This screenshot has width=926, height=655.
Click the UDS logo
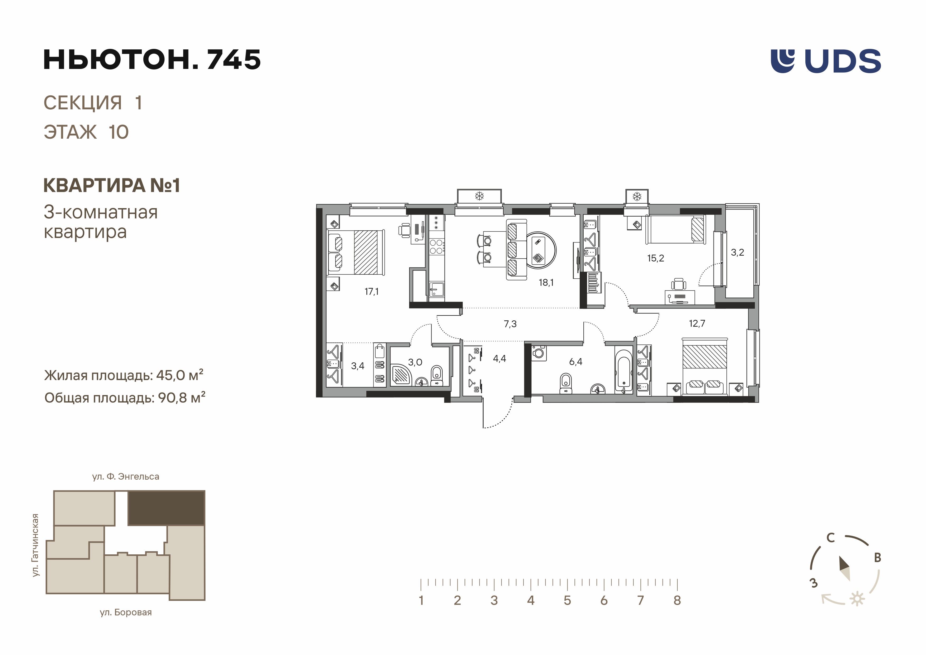[x=826, y=61]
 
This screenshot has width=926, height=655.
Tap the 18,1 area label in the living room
[x=546, y=283]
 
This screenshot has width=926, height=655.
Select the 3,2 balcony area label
[x=737, y=253]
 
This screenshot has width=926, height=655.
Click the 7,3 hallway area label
[x=510, y=324]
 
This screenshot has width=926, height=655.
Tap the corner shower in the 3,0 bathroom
[x=400, y=374]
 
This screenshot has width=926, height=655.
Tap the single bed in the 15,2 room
[x=675, y=230]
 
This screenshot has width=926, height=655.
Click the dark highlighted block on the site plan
[x=166, y=508]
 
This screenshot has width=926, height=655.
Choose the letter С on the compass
[x=830, y=537]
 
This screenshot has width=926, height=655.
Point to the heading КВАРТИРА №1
[x=112, y=186]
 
